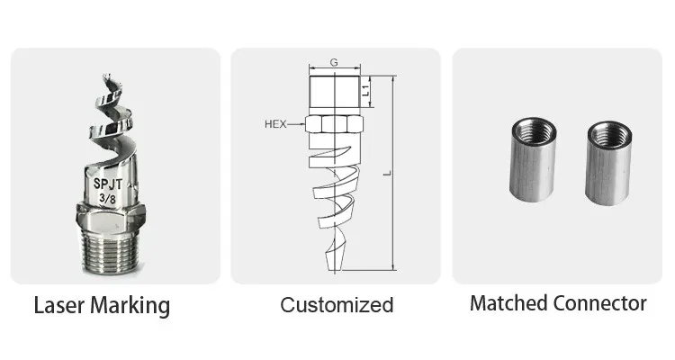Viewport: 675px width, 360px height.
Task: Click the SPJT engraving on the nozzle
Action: [x=108, y=184]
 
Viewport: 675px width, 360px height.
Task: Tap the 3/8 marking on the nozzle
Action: [x=107, y=199]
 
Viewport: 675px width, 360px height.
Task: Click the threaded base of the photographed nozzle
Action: [x=110, y=250]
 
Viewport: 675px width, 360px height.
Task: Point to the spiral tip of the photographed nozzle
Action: [x=106, y=79]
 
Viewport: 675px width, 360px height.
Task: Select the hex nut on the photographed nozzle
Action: [x=111, y=215]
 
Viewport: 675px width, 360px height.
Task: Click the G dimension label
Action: [x=334, y=62]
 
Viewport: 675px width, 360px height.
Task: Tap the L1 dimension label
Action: [x=366, y=90]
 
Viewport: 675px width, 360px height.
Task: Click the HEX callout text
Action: [x=275, y=124]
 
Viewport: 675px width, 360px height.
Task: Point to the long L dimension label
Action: [x=387, y=173]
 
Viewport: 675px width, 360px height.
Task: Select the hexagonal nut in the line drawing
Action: [x=334, y=124]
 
